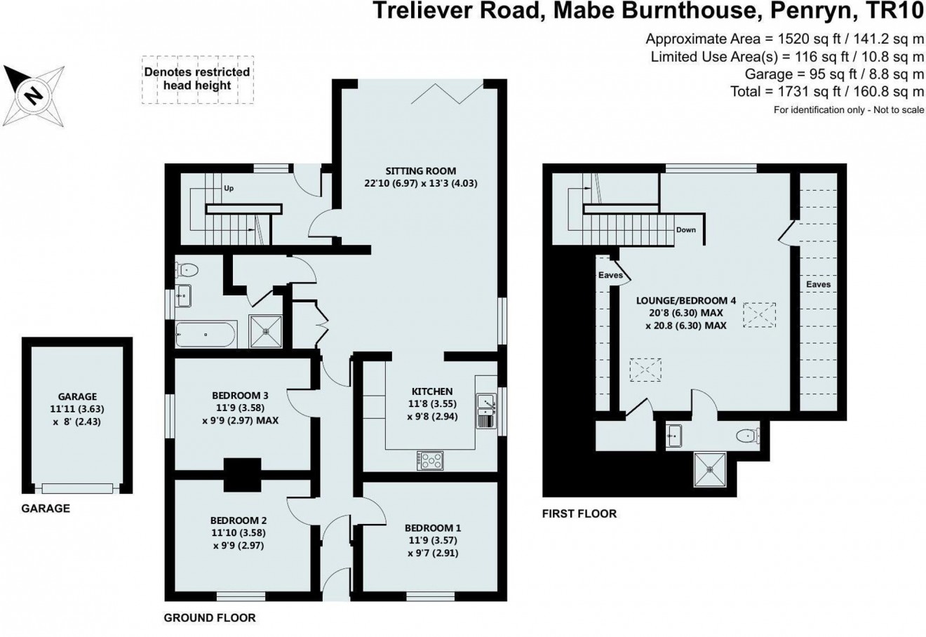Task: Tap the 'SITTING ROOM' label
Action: [x=420, y=170]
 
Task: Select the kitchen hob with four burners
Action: [x=430, y=460]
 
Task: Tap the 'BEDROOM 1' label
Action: [x=433, y=528]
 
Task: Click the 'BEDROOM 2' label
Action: [x=239, y=521]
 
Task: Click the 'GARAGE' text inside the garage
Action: [x=77, y=396]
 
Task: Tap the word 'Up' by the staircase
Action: [x=229, y=189]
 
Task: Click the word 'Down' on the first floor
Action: [x=686, y=230]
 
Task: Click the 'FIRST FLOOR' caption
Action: [x=579, y=514]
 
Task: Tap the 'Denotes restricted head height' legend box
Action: [x=197, y=79]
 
